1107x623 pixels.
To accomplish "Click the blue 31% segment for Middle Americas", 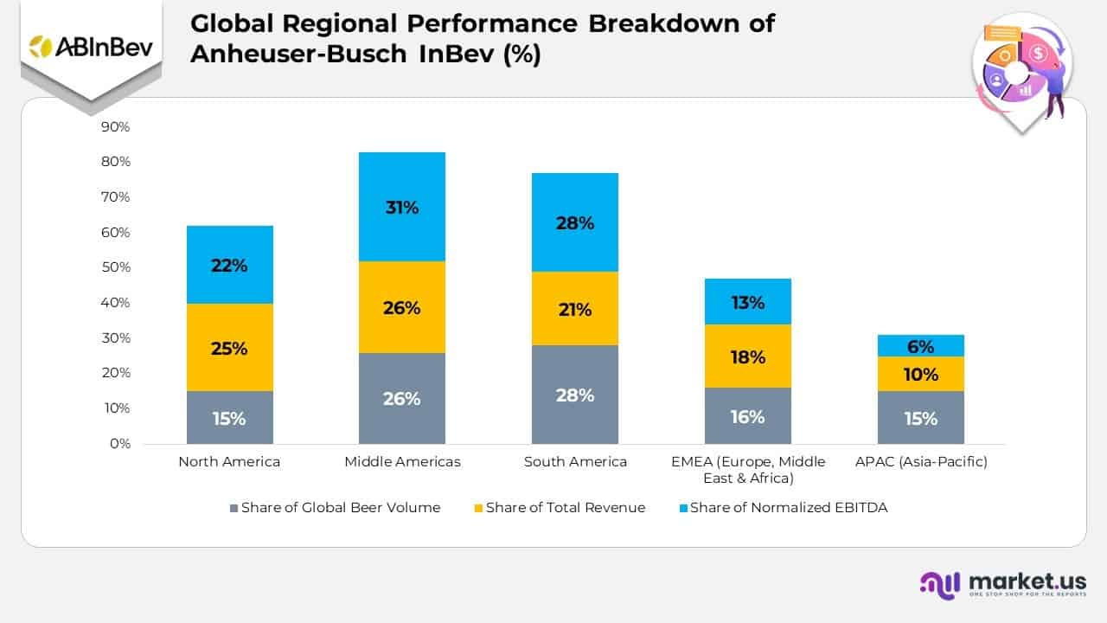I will [x=402, y=207].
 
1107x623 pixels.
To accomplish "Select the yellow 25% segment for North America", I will [x=229, y=348].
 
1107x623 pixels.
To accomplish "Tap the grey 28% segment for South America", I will [x=575, y=395].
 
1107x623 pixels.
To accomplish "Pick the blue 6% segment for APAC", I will [x=921, y=346].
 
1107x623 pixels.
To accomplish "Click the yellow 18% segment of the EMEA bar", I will [x=748, y=356].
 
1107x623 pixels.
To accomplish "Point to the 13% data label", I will [x=748, y=303].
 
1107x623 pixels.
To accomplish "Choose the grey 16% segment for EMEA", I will [x=748, y=416].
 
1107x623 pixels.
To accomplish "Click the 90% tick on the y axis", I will [x=115, y=127].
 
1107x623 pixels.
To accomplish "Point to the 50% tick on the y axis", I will [x=115, y=267].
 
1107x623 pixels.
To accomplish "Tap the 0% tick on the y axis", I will [x=118, y=444].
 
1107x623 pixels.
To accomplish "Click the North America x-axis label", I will [x=229, y=462].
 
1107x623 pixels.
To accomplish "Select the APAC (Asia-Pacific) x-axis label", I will [x=921, y=462].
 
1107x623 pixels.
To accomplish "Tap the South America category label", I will [x=575, y=462].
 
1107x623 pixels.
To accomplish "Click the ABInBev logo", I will [x=91, y=47].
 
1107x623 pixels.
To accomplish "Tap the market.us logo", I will [x=1003, y=584].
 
